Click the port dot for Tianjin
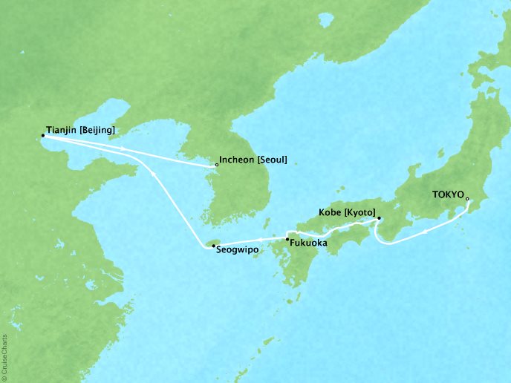pos(43,135)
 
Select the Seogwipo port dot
pos(212,246)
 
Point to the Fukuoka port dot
pos(287,239)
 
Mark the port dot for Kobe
pos(379,218)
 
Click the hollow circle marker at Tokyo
pos(467,198)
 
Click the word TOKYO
pos(448,197)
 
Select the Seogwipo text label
pos(237,251)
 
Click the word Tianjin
pos(61,131)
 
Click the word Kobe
pos(331,212)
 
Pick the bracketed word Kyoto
pos(359,212)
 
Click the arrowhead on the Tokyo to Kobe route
pos(423,230)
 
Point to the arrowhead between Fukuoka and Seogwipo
pos(256,241)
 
